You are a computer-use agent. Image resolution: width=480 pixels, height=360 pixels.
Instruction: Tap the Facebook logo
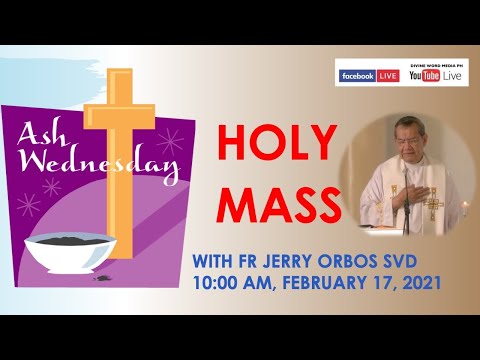[x=356, y=76]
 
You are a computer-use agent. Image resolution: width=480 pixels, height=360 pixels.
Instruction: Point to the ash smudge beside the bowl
[x=103, y=279]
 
